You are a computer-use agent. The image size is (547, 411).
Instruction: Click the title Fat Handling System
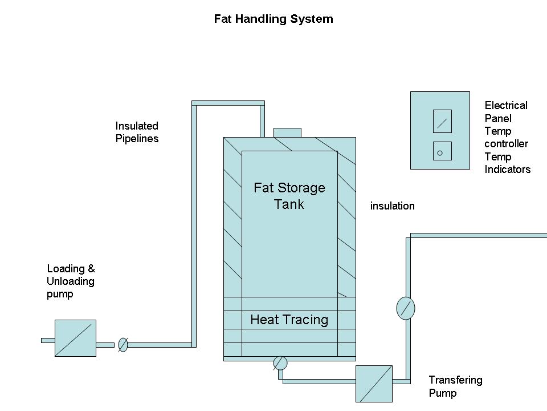pos(273,19)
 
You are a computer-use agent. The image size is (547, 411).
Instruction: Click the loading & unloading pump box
pos(75,339)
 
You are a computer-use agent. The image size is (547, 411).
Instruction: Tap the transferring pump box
pos(374,384)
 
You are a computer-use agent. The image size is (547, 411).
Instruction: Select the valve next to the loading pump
pos(123,344)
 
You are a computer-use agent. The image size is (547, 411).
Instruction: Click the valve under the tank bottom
pos(280,363)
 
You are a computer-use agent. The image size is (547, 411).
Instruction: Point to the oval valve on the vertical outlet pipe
pos(405,308)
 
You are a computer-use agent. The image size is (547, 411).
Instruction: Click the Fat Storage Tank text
pos(289,196)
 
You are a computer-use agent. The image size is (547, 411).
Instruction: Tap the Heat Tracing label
pos(289,320)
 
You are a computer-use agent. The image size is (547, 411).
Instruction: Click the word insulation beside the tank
pos(392,206)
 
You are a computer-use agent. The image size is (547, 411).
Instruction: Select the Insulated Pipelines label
pos(137,132)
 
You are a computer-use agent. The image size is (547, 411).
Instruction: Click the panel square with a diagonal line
pos(442,122)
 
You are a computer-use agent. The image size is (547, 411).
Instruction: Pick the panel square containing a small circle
pos(442,151)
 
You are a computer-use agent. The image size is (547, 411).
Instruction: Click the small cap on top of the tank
pos(287,132)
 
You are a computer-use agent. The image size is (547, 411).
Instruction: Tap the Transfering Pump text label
pos(455,386)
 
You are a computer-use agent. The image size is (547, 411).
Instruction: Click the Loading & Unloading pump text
pos(71,281)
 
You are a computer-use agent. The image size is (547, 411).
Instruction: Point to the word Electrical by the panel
pos(506,105)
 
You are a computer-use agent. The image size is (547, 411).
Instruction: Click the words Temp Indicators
pos(507,163)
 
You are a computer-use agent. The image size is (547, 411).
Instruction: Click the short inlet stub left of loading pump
pos(48,340)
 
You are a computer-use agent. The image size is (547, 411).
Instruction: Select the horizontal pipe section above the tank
pos(228,103)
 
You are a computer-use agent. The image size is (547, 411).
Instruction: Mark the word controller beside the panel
pos(506,144)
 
